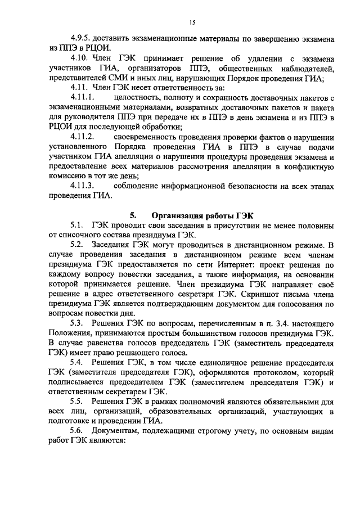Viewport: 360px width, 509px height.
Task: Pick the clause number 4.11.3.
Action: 81,186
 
